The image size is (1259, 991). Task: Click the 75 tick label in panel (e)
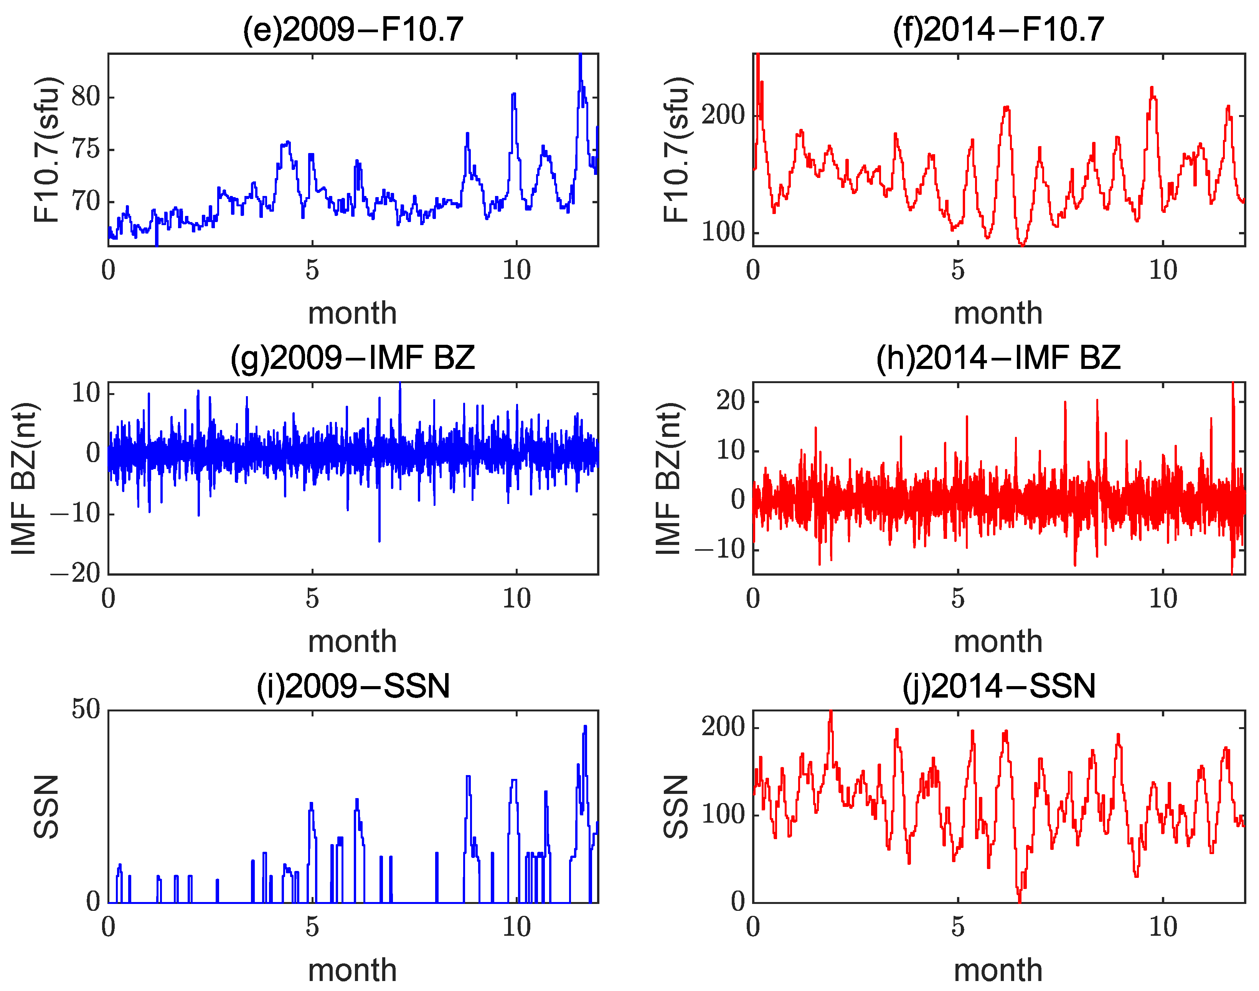click(86, 149)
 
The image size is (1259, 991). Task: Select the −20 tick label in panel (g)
click(76, 573)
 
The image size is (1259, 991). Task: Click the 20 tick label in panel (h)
click(730, 400)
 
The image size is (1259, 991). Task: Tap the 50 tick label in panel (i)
click(86, 709)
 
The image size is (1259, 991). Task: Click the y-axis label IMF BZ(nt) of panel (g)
click(25, 478)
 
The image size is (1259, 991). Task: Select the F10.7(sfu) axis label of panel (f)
click(676, 150)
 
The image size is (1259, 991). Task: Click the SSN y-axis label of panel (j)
click(676, 807)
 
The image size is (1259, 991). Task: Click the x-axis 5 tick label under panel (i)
click(312, 927)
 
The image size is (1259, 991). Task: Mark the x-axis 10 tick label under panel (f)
click(1163, 270)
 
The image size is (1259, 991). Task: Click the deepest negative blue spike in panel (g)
click(380, 540)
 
